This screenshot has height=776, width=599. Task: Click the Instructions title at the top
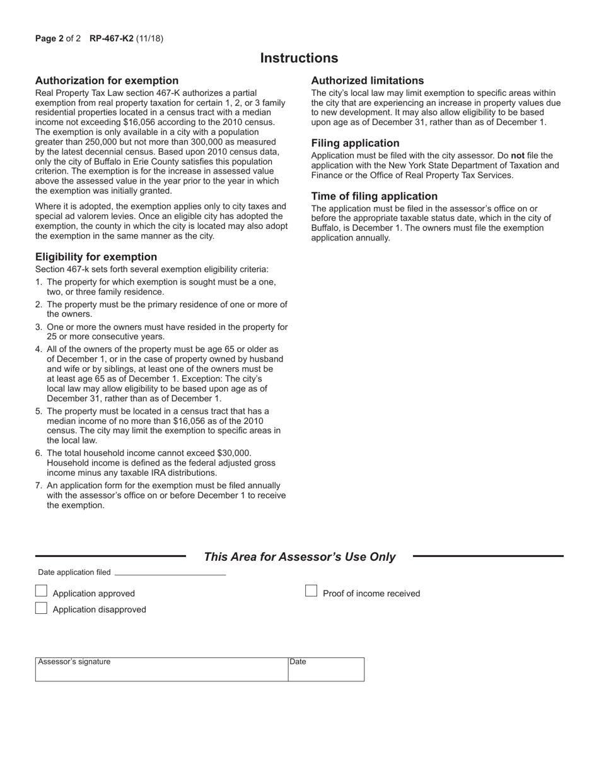[299, 58]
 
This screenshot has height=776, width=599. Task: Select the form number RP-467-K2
[112, 38]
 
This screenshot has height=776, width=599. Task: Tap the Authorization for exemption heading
[107, 81]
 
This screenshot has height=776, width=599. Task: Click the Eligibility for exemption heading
[96, 257]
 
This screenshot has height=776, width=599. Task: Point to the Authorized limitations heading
[367, 81]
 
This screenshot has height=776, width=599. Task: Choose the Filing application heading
[355, 143]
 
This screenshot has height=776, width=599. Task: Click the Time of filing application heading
[374, 196]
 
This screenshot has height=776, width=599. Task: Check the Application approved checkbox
[41, 591]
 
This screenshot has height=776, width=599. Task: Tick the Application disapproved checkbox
[41, 608]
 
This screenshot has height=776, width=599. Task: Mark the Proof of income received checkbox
[311, 591]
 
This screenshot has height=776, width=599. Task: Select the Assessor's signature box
[161, 670]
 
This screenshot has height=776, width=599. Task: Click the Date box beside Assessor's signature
[326, 670]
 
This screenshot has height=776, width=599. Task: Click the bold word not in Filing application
[518, 155]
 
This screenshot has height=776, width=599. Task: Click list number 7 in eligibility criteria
[38, 486]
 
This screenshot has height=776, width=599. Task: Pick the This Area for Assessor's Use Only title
[299, 556]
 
